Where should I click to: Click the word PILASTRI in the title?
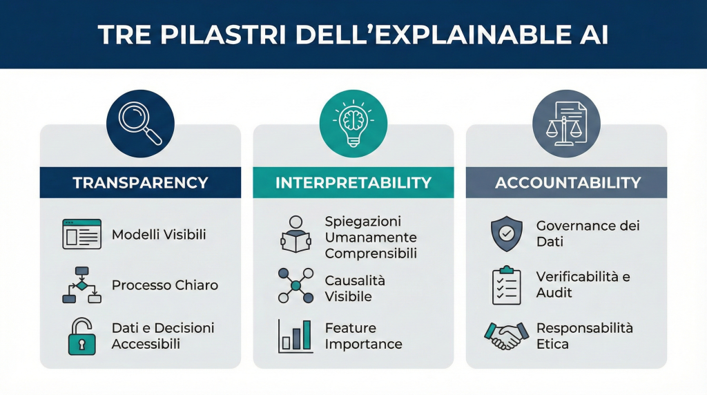pos(223,35)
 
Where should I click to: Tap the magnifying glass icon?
pos(140,124)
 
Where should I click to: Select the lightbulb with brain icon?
pos(353,123)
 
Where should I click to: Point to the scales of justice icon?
pos(566,124)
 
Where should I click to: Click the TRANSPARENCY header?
pos(140,182)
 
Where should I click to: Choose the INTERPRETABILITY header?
pos(353,182)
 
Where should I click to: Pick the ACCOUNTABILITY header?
pos(568,182)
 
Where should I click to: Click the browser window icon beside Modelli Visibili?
pos(81,234)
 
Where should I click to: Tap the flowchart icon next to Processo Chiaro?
pos(81,285)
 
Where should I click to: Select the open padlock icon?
pos(81,336)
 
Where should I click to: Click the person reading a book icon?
pos(296,234)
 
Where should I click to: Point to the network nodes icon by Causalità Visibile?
pos(296,285)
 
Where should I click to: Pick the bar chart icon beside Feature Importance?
pos(296,336)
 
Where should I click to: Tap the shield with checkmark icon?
pos(507,233)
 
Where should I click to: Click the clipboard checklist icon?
pos(507,285)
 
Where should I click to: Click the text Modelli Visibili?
pos(159,235)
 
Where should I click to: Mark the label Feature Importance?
pos(363,336)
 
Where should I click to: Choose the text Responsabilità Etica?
pos(584,336)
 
